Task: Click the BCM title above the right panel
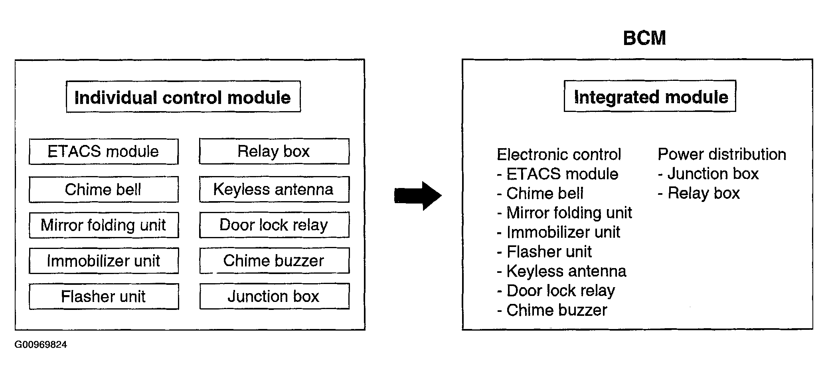[x=644, y=38]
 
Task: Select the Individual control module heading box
[x=183, y=97]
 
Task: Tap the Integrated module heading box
[x=650, y=96]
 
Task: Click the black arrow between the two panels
[x=418, y=196]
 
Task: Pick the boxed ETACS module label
[x=104, y=151]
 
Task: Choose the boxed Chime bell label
[x=104, y=189]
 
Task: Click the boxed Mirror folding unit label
[x=104, y=225]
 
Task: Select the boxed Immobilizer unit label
[x=104, y=261]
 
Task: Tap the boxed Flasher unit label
[x=104, y=296]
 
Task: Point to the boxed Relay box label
[x=274, y=151]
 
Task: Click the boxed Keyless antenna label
[x=274, y=189]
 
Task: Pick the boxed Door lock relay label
[x=274, y=225]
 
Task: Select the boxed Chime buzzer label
[x=274, y=261]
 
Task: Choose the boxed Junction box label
[x=274, y=296]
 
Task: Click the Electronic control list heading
[x=559, y=155]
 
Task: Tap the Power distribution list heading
[x=722, y=154]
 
